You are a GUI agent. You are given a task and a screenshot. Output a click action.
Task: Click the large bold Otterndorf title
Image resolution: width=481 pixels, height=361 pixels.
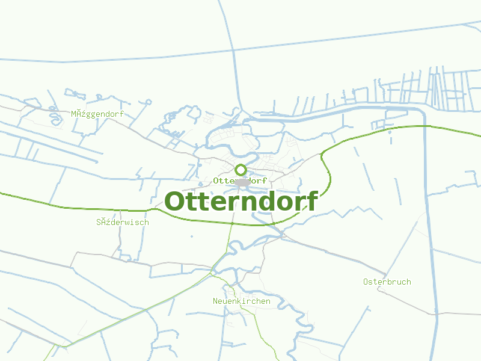[x=240, y=202]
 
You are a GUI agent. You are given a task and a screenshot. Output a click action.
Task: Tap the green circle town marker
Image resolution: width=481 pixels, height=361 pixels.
[x=240, y=170]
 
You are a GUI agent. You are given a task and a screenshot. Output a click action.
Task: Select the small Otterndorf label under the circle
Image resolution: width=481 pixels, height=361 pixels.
[x=240, y=180]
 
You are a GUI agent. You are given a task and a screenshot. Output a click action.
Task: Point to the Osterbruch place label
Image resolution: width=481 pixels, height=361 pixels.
[x=387, y=282]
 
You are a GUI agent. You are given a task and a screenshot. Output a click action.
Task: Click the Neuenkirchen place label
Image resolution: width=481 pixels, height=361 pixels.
[x=242, y=301]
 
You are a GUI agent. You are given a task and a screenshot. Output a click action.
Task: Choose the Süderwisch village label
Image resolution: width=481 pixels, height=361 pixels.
[x=123, y=222]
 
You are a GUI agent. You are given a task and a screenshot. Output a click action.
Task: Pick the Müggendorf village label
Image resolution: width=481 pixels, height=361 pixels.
[x=97, y=114]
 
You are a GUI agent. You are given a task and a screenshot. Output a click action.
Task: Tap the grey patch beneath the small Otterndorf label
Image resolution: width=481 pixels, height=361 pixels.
[x=242, y=182]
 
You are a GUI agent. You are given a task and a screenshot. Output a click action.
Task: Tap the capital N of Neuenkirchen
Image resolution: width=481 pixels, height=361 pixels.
[x=216, y=301]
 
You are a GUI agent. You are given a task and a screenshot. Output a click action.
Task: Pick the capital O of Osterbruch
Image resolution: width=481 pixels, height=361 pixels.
[x=366, y=282]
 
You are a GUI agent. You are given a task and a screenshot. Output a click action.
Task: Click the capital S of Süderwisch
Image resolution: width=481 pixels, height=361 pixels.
[x=99, y=222]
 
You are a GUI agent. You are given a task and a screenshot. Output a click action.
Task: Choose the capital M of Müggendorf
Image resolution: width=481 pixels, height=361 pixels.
[x=74, y=114]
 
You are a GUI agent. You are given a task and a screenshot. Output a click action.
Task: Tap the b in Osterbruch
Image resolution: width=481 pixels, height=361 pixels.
[x=392, y=282]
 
